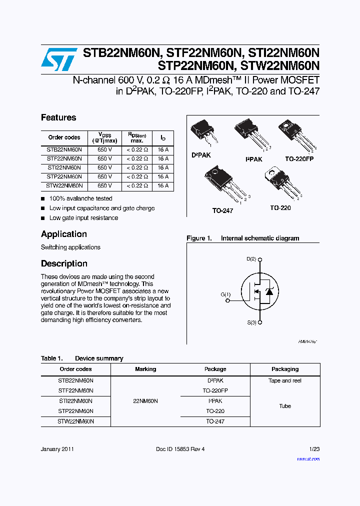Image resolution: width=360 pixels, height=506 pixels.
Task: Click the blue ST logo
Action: tap(59, 59)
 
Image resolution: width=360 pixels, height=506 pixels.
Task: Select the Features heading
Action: tap(58, 117)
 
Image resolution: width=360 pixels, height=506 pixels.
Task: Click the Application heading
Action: tap(64, 234)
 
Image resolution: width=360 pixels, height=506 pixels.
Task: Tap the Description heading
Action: tap(64, 263)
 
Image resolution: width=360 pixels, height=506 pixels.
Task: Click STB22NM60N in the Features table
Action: tap(64, 149)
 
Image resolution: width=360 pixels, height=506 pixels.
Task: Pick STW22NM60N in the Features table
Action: tap(64, 185)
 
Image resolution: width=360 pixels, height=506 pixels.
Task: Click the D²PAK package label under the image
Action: tap(201, 155)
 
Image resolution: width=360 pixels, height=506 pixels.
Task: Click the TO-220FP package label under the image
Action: tap(299, 159)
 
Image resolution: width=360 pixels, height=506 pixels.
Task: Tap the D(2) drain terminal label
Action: tap(251, 259)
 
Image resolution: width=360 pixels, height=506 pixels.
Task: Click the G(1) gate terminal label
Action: tap(225, 294)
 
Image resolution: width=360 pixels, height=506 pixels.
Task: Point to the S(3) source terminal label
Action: tap(251, 322)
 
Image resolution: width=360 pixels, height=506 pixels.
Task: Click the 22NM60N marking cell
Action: tap(145, 401)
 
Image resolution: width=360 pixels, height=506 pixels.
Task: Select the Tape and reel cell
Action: tap(285, 380)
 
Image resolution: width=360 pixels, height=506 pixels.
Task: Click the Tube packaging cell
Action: tap(285, 406)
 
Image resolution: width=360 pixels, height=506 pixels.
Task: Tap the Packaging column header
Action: tap(285, 369)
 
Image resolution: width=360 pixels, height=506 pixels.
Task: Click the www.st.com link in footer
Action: tap(308, 458)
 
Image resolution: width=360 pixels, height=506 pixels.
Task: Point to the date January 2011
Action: tap(57, 449)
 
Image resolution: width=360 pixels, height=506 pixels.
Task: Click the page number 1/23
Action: tap(314, 449)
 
